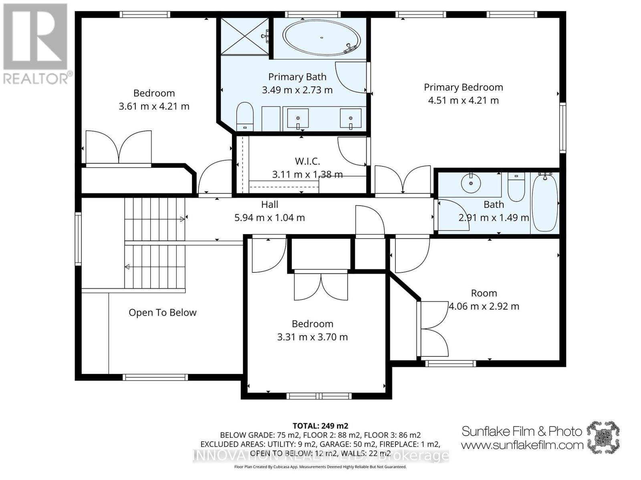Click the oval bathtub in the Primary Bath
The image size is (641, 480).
322,38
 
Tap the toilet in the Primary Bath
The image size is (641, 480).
245,116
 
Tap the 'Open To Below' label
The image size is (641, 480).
163,312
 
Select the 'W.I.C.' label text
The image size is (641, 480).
307,161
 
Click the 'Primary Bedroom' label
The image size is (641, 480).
463,87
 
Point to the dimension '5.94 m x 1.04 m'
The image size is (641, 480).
269,218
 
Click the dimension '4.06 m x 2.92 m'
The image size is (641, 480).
484,306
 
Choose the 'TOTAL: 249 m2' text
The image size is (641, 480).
320,426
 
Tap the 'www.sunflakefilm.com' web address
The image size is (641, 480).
522,445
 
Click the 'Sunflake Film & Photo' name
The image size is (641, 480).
522,431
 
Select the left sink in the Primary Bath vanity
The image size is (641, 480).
298,119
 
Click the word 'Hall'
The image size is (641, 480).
270,204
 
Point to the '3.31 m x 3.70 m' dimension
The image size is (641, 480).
312,337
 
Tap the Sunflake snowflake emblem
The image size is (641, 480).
603,437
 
